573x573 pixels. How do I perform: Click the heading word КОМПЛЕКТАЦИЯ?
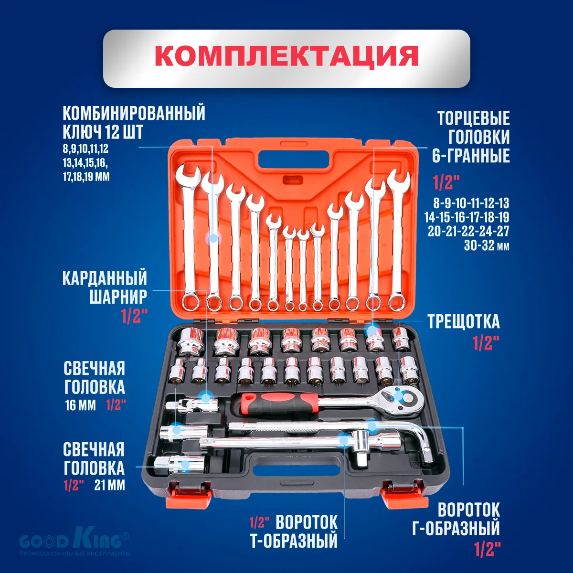[286, 57]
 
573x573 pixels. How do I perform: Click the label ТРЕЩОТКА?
[463, 322]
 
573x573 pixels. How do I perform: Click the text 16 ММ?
[80, 406]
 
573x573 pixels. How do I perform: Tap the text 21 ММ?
[109, 486]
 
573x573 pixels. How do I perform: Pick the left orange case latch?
[188, 494]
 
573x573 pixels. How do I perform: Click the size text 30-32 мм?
[486, 246]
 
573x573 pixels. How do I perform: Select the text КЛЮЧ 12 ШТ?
[103, 132]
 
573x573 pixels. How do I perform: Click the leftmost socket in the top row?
[191, 342]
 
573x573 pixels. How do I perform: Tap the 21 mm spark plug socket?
[179, 464]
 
